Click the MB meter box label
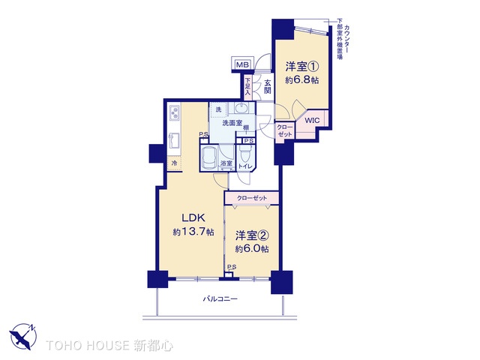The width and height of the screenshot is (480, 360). pyautogui.click(x=242, y=65)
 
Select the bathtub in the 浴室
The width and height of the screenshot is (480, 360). pyautogui.click(x=208, y=157)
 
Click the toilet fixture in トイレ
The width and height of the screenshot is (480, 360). pyautogui.click(x=245, y=157)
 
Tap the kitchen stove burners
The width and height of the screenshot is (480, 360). pyautogui.click(x=175, y=115)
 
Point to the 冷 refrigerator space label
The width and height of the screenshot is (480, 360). pyautogui.click(x=174, y=162)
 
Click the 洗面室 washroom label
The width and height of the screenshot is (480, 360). pyautogui.click(x=232, y=122)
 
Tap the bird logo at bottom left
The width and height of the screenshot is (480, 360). pyautogui.click(x=23, y=335)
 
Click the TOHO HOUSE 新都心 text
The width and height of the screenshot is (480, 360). pyautogui.click(x=110, y=346)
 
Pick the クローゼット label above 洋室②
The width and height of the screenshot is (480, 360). pyautogui.click(x=251, y=197)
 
